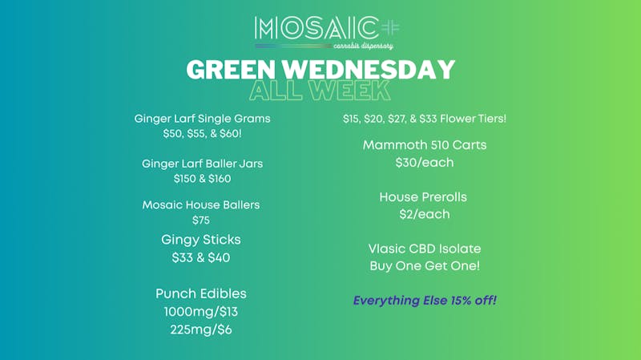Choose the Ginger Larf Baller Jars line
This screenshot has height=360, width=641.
point(202,164)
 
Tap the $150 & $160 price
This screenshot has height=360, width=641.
point(202,179)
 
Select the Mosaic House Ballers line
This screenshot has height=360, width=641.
point(201,205)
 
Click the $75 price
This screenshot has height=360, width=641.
point(201,220)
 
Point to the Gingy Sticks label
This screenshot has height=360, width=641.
point(201,240)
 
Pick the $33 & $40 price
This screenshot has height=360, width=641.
point(201,258)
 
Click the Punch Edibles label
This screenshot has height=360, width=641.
point(201,293)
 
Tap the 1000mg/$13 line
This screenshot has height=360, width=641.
point(201,311)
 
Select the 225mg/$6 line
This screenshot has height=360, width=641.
point(201,329)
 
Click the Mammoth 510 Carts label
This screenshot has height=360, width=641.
point(425,145)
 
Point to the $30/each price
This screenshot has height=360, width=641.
point(425,163)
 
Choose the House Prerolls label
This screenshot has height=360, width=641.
point(424,196)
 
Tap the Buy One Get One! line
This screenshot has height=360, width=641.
point(425,266)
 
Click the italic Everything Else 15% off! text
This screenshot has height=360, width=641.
point(425,301)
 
